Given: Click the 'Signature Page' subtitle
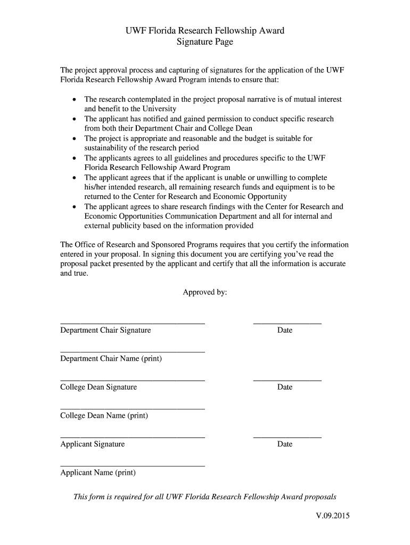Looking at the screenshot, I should click(x=204, y=42).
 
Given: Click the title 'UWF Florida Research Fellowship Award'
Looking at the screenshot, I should click(x=204, y=30).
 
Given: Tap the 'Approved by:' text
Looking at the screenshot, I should click(x=205, y=292).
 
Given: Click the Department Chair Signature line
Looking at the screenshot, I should click(x=133, y=323).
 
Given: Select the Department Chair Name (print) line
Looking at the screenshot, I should click(x=133, y=351).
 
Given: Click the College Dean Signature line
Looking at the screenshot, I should click(x=133, y=379).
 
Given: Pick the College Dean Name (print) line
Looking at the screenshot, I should click(x=133, y=408).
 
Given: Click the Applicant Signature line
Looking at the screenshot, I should click(x=133, y=436).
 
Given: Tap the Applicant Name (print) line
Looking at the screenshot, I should click(x=133, y=465).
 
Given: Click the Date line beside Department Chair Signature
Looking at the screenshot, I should click(x=287, y=323).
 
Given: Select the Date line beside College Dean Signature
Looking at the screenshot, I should click(x=287, y=379).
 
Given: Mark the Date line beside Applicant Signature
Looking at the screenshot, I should click(x=287, y=436).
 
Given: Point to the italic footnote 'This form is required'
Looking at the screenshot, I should click(x=204, y=497).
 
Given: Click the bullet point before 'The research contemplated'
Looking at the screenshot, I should click(x=73, y=100).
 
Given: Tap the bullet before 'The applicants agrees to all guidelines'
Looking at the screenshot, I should click(x=73, y=159).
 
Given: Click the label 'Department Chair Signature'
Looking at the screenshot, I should click(x=105, y=331).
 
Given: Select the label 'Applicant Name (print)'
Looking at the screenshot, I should click(x=98, y=473).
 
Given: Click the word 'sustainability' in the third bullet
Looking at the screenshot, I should click(x=106, y=148).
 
